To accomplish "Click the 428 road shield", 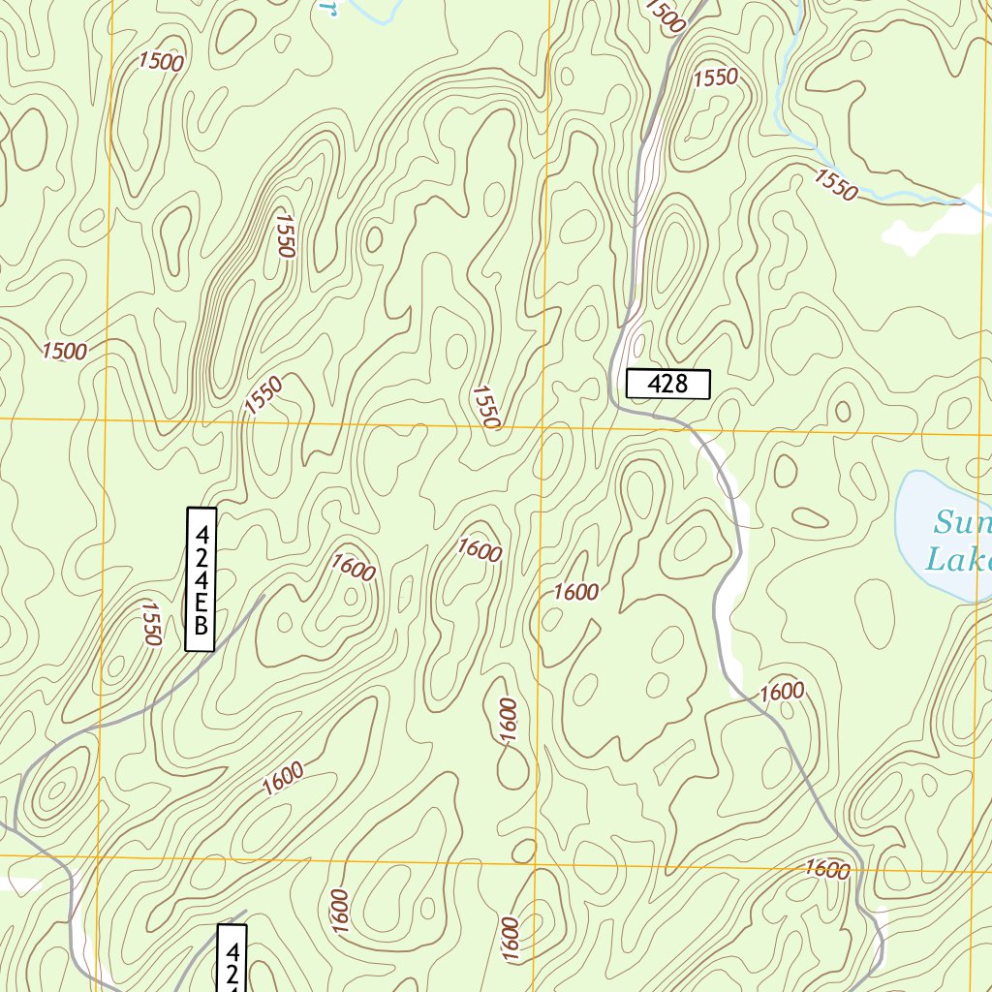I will [x=667, y=384].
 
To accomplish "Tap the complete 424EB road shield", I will [x=201, y=578].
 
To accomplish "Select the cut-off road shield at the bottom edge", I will [x=232, y=958].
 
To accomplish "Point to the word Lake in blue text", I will [x=958, y=560].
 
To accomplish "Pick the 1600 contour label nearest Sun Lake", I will [x=782, y=692].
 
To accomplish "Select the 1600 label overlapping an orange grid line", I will [x=826, y=869].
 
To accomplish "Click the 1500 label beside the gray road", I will [x=664, y=15].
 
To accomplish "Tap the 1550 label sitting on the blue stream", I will [x=835, y=184].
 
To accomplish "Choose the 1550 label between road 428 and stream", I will [x=716, y=77].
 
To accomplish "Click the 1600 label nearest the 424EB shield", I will [x=353, y=567].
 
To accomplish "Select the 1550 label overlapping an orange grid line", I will [x=486, y=408].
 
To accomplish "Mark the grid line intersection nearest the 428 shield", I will [x=543, y=425].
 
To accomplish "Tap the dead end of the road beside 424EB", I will [x=263, y=596].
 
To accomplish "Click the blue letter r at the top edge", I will [x=329, y=8].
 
